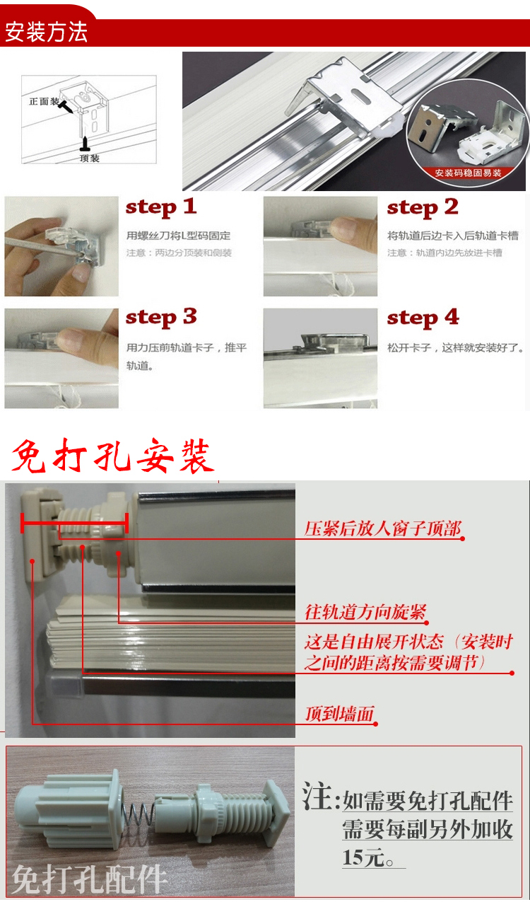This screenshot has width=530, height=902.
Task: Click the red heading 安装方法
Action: click(46, 33)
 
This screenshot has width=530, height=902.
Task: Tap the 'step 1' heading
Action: click(161, 207)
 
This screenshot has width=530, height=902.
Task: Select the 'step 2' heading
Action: click(423, 208)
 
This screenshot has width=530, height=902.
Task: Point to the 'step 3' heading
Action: click(161, 318)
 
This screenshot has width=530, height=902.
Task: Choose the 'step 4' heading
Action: click(423, 318)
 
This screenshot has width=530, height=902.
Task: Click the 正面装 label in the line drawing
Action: click(44, 101)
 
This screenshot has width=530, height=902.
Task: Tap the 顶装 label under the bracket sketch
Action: click(90, 158)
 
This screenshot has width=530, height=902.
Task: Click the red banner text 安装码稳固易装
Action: click(468, 173)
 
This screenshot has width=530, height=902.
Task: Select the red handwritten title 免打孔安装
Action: click(112, 456)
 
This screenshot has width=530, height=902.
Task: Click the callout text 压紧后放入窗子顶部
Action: click(382, 528)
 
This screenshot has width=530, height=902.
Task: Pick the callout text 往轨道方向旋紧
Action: click(365, 612)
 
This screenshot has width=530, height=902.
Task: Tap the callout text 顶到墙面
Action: click(340, 714)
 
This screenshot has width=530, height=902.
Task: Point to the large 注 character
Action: click(318, 797)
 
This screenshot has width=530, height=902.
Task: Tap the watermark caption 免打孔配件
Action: click(89, 880)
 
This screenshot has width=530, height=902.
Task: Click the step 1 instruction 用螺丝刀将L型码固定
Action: click(178, 236)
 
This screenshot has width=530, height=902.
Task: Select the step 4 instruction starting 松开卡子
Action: click(456, 347)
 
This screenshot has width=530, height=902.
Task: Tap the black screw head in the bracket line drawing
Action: click(66, 107)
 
